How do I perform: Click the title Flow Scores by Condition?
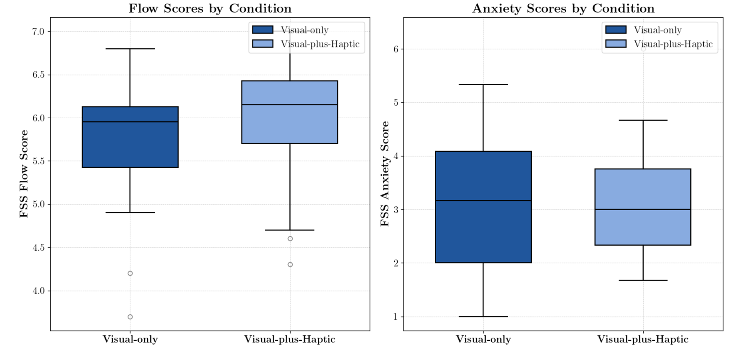click(210, 9)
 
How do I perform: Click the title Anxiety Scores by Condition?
click(563, 9)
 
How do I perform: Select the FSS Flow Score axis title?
click(24, 174)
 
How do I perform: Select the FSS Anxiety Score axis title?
click(385, 174)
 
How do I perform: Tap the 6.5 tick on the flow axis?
click(39, 75)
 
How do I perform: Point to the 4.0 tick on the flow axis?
click(39, 291)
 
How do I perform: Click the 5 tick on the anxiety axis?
click(395, 103)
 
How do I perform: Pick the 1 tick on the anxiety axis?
click(395, 317)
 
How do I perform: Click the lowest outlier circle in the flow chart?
click(130, 317)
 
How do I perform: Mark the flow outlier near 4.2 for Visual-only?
click(130, 273)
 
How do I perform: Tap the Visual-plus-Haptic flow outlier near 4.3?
click(290, 264)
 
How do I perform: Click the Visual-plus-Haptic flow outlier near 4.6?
click(290, 239)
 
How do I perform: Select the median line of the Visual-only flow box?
click(130, 122)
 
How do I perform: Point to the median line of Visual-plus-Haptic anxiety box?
click(643, 209)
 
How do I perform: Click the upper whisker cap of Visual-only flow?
click(130, 49)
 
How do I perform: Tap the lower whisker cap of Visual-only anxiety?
click(483, 316)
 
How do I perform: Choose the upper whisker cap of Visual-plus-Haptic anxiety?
click(643, 120)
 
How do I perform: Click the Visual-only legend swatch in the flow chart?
click(263, 30)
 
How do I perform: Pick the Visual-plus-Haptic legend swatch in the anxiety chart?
click(616, 44)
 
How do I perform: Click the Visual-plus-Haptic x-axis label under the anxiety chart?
click(643, 339)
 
